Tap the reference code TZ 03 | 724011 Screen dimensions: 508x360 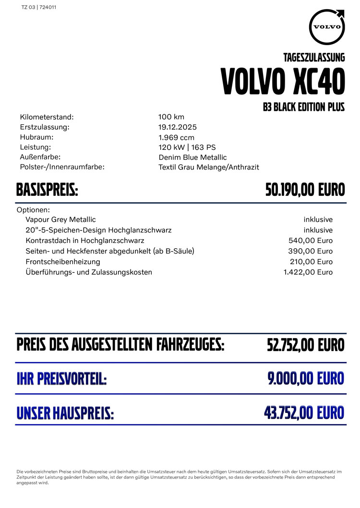[39, 8]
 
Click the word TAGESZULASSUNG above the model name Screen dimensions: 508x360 [314, 58]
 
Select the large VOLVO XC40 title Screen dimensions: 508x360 [283, 82]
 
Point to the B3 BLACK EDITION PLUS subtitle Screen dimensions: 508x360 [304, 107]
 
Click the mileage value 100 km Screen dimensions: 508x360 [171, 117]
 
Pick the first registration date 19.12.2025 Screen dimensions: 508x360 [178, 127]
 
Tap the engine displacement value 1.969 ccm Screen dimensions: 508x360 [176, 137]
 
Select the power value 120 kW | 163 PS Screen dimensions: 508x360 [187, 147]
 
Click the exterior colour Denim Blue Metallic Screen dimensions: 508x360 [192, 157]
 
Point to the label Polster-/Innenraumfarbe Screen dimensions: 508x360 [62, 167]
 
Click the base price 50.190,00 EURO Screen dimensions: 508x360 [305, 190]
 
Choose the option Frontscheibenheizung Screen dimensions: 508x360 [63, 262]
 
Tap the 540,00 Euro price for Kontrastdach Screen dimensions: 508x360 [311, 241]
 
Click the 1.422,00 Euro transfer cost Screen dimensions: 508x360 [308, 272]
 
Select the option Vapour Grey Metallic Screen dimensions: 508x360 [60, 219]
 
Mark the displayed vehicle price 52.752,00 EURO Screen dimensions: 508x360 [306, 345]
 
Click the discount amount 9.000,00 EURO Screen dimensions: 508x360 [306, 378]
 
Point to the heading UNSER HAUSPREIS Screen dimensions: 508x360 [65, 413]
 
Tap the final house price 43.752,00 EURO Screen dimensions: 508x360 [304, 412]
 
